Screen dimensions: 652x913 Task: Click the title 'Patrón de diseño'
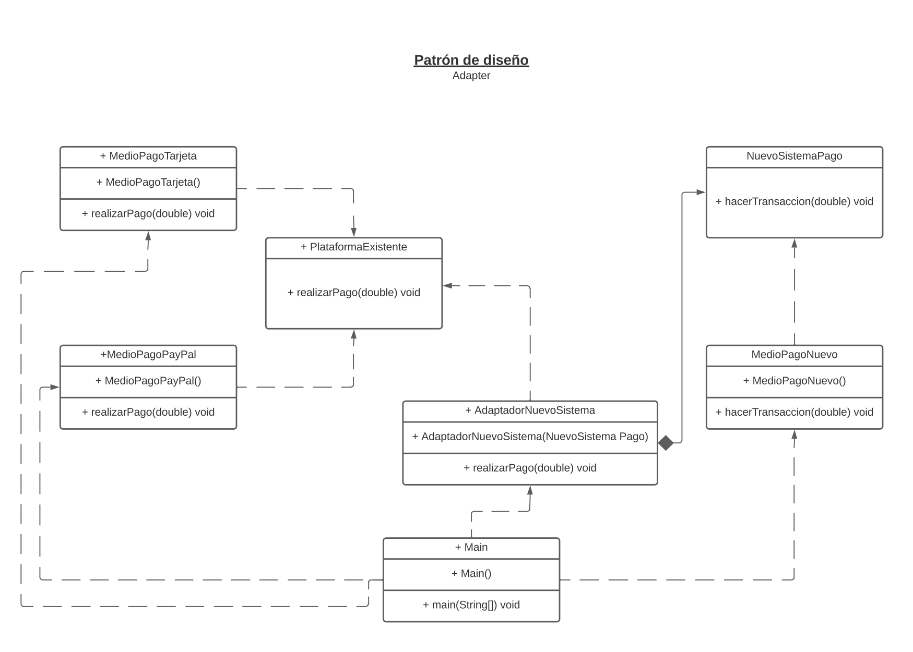pos(471,60)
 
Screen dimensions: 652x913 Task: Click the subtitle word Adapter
pos(471,76)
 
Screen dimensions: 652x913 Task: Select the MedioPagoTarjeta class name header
pos(148,156)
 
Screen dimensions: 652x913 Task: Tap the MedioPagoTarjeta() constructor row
pos(148,183)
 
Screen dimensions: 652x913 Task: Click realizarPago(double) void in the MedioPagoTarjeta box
pos(148,214)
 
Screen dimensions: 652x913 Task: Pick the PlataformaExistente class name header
pos(353,247)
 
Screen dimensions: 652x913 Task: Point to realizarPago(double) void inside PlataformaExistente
pos(353,293)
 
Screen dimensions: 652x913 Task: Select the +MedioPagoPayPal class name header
pos(148,355)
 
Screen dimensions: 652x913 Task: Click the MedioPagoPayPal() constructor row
pos(148,381)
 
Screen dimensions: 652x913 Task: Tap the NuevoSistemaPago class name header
pos(794,156)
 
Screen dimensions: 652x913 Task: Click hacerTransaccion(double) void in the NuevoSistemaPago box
pos(794,201)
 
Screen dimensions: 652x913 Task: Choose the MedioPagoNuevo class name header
pos(794,355)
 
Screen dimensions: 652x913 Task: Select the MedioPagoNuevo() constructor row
pos(794,381)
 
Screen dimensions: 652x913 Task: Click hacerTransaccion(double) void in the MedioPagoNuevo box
pos(794,412)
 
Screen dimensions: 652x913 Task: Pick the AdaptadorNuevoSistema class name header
pos(530,410)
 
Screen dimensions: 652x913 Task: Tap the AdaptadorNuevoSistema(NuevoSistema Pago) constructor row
pos(530,437)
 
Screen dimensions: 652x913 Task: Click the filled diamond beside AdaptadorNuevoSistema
pos(666,443)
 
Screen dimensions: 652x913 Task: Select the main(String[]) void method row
pos(471,605)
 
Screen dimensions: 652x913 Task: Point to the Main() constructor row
pos(471,574)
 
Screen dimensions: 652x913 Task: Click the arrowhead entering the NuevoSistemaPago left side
pos(701,192)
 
